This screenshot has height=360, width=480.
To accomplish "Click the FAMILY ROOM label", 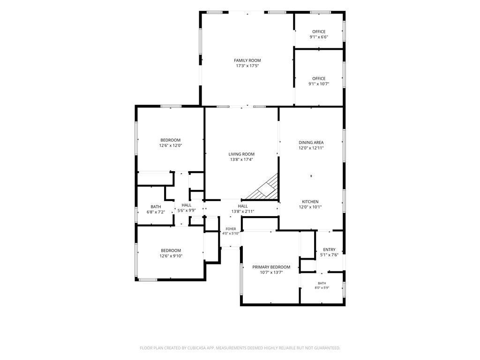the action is tap(247, 60).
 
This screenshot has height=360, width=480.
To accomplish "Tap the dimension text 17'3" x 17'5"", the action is tap(247, 66).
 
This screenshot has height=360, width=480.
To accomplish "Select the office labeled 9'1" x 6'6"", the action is tap(319, 31).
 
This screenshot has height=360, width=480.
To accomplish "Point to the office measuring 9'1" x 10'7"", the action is tap(319, 78).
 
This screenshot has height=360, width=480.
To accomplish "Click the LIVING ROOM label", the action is tap(241, 154).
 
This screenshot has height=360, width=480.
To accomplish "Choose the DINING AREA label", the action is tap(311, 142).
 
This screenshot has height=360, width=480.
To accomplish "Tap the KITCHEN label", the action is tap(310, 202).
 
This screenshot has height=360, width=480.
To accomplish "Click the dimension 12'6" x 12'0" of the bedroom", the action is tap(171, 146).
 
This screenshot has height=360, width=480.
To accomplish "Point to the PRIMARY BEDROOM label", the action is tap(271, 267).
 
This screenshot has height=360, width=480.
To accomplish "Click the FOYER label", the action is tap(231, 229).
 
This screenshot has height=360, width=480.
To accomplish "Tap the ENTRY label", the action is tap(330, 249).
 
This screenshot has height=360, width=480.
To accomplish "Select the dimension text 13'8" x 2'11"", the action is tap(243, 211).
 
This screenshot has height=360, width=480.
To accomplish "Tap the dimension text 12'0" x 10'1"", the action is tap(310, 207).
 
